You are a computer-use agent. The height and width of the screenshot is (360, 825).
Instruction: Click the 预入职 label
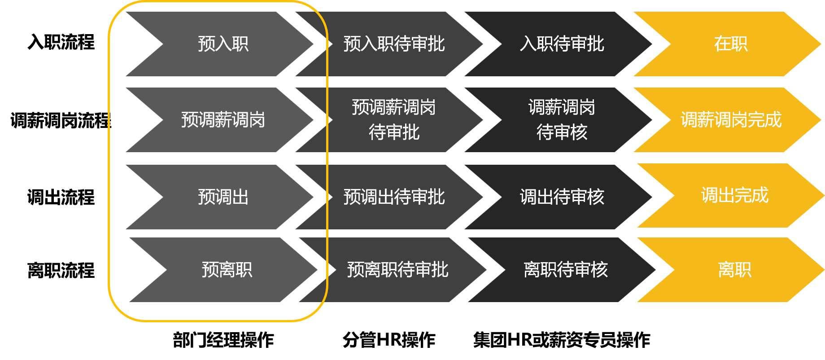[223, 44]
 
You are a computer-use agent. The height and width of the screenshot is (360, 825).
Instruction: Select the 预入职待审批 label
[394, 44]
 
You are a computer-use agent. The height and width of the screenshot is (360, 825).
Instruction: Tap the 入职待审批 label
[562, 44]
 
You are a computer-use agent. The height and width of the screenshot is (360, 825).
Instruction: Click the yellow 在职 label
[731, 44]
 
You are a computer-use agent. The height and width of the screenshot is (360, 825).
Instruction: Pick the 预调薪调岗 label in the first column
[223, 120]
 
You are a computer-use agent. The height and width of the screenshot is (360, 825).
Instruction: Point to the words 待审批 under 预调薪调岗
[394, 132]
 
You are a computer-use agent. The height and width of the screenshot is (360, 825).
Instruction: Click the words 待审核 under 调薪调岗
[562, 132]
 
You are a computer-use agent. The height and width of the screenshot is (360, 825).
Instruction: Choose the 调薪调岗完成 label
[731, 120]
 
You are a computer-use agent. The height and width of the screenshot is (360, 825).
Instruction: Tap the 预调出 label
[223, 197]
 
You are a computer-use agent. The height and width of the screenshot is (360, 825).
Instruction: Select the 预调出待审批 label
[394, 197]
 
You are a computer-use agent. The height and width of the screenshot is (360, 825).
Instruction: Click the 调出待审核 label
[562, 197]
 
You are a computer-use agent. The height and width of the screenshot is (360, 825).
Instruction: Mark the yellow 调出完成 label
[734, 195]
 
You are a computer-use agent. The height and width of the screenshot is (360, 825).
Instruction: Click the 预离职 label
[227, 270]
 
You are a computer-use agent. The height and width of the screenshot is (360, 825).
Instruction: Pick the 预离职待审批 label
[397, 270]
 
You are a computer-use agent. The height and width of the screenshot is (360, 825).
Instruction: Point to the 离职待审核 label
[565, 270]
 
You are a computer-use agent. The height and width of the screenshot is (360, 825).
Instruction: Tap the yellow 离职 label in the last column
[734, 270]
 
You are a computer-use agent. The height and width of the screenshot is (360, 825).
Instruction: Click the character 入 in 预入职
[223, 44]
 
